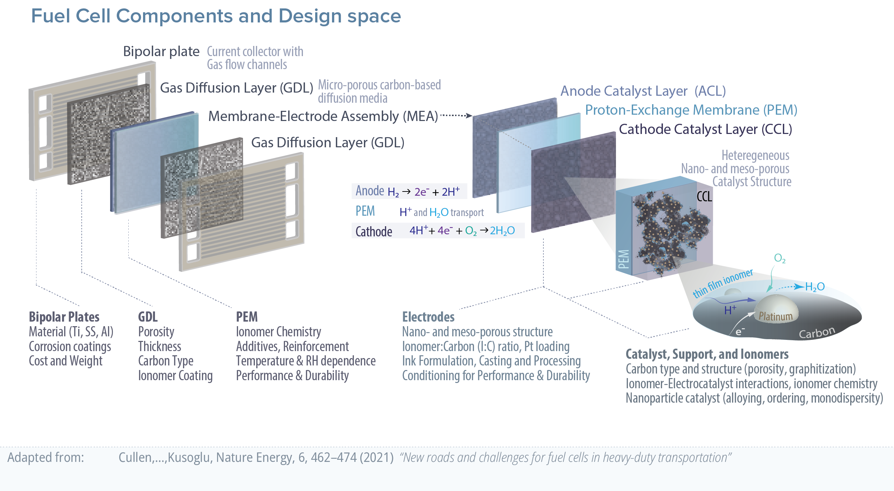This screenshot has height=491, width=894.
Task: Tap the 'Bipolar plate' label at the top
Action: [161, 52]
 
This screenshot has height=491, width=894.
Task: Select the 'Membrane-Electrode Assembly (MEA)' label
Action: [323, 116]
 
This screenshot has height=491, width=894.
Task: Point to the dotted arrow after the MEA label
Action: [456, 115]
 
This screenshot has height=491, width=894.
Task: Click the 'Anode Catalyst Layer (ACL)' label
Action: [643, 91]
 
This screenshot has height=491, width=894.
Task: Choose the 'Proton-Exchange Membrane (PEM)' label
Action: [691, 110]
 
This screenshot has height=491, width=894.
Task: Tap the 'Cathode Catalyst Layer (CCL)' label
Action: [705, 129]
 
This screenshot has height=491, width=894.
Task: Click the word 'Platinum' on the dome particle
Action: [776, 316]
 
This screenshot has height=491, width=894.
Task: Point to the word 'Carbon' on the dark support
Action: [817, 332]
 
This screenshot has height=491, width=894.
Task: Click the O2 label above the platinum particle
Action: [779, 258]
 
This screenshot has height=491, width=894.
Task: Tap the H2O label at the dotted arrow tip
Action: [815, 287]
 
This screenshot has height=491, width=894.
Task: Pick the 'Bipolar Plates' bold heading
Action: [64, 317]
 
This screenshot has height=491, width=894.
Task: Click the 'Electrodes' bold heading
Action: [428, 317]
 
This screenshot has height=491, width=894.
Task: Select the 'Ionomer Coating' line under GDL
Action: [175, 376]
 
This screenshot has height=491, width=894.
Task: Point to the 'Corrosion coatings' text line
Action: [70, 347]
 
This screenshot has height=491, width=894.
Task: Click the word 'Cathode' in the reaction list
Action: [373, 231]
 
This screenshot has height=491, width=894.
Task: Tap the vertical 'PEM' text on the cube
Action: [624, 259]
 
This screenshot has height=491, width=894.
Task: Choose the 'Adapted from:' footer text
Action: [46, 457]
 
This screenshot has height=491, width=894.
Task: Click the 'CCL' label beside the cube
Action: [704, 197]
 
